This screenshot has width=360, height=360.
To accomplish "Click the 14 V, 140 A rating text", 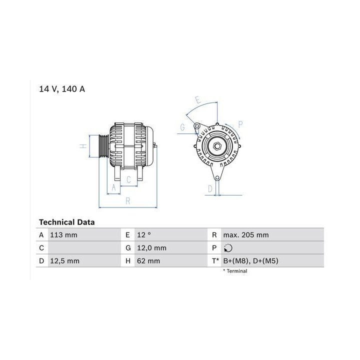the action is click(62, 89).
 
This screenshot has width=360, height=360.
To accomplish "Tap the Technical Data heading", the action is click(66, 222).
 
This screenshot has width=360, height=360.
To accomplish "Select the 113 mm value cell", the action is click(63, 235).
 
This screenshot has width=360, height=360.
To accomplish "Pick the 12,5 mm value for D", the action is click(64, 261).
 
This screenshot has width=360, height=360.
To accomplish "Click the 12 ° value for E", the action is click(144, 235).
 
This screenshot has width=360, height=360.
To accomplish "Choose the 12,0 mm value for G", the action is click(151, 248).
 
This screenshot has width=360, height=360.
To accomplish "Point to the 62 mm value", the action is click(148, 261).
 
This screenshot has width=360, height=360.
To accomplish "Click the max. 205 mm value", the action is click(245, 235).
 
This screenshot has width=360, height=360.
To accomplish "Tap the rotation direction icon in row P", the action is click(228, 248).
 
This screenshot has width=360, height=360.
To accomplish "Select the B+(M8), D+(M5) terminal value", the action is click(250, 261).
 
